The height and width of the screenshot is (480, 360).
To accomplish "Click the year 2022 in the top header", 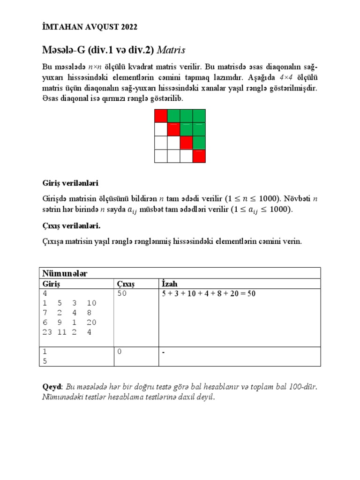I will click(x=127, y=28).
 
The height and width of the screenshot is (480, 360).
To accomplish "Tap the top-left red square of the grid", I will click(x=161, y=115).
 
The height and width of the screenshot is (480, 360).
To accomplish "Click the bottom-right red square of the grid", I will click(x=199, y=156).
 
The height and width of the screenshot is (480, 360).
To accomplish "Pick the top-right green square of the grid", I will click(x=199, y=115).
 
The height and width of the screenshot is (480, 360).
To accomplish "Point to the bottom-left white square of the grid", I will click(x=161, y=156).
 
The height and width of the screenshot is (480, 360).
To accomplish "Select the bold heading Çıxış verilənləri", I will click(x=69, y=226).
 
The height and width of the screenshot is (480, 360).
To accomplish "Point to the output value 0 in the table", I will click(x=120, y=352).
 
